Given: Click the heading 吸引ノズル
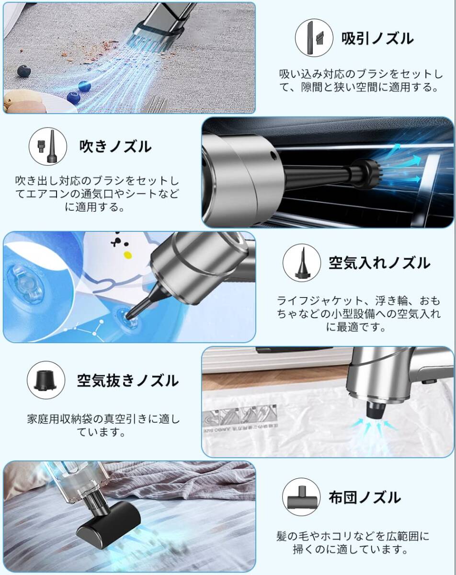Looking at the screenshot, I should (x=377, y=39).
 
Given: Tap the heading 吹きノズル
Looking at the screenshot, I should (x=115, y=146).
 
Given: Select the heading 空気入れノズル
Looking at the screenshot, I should (x=379, y=263).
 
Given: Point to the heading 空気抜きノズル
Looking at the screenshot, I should (x=128, y=380).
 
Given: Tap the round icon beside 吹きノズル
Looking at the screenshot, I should (x=48, y=146).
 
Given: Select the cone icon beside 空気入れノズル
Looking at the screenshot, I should (x=302, y=263).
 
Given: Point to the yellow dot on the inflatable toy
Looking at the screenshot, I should (x=127, y=255).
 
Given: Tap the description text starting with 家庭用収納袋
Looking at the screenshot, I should (x=103, y=425).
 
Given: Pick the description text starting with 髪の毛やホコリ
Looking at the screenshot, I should (x=353, y=542).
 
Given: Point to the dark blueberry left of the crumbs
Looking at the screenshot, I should (x=24, y=71).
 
